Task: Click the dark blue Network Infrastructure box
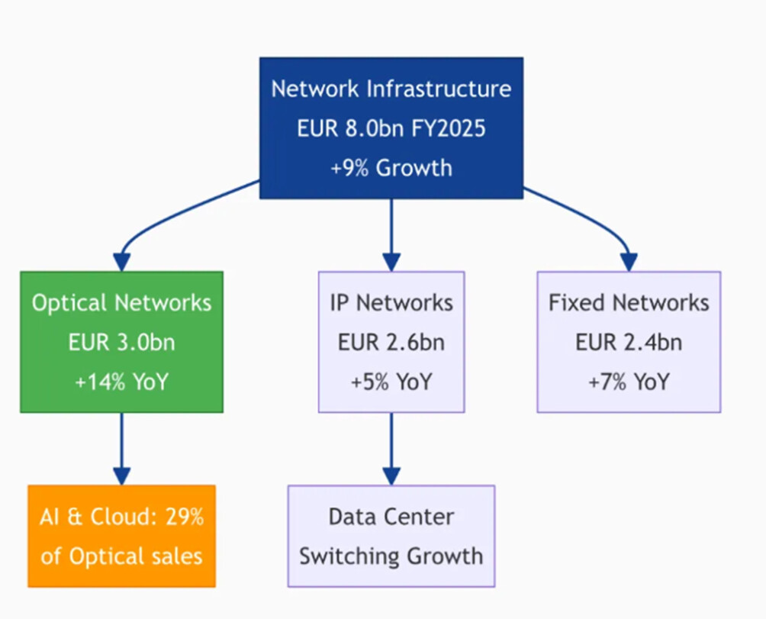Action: click(391, 127)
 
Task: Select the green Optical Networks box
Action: click(121, 342)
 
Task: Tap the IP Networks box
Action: click(391, 342)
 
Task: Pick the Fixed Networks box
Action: click(628, 342)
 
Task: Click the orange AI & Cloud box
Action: click(121, 536)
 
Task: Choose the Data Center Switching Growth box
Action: click(391, 536)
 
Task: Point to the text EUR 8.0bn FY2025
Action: click(391, 127)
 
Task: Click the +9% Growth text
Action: click(391, 167)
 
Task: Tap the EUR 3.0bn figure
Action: click(121, 343)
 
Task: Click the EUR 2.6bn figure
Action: click(391, 343)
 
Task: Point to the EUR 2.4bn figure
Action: click(628, 343)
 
